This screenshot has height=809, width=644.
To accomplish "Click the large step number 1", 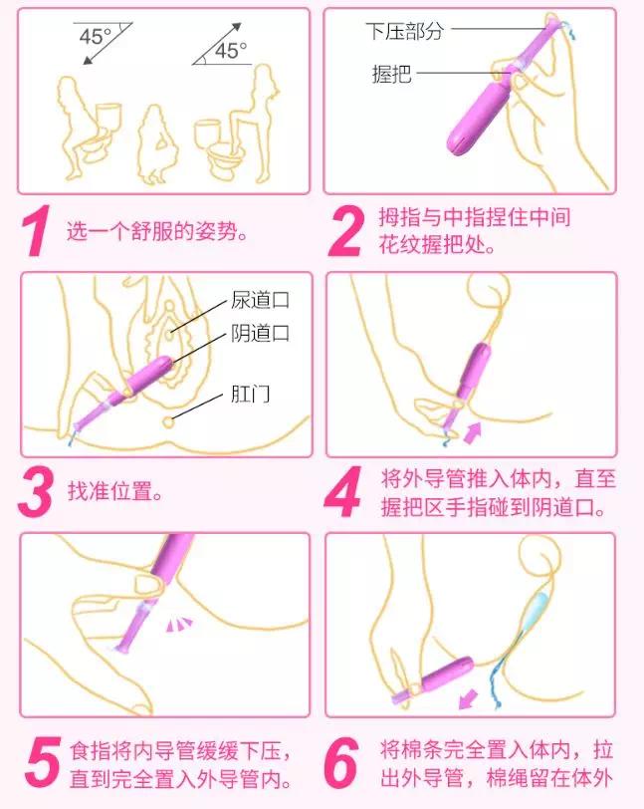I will coord(36,232).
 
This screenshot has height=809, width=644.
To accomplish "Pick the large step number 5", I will coord(36,762).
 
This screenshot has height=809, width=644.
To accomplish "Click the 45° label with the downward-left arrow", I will coord(96,38).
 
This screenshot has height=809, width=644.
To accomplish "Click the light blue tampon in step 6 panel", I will coord(537,608).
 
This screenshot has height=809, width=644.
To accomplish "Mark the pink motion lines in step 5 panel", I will coord(179,625).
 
